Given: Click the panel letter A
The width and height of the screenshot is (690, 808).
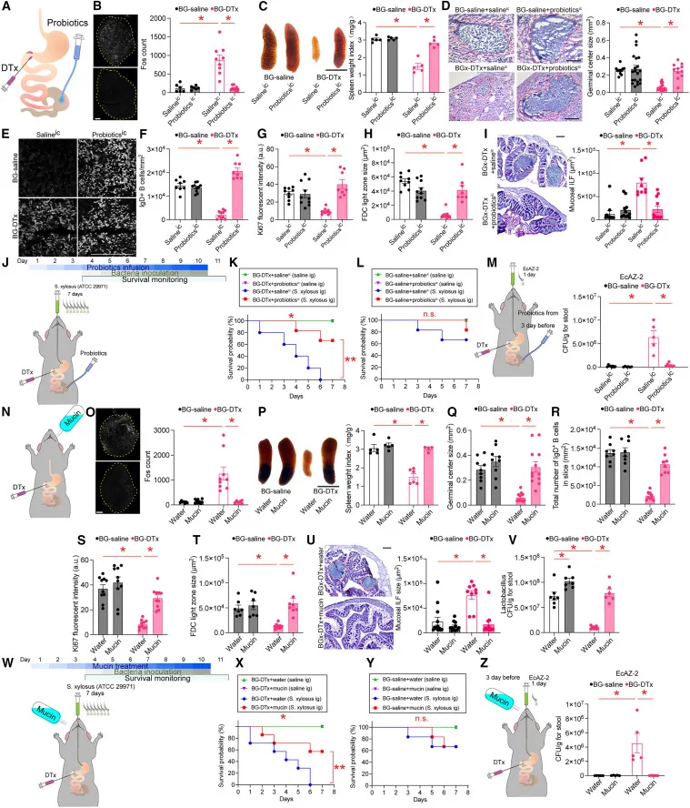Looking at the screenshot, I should (7, 9).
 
